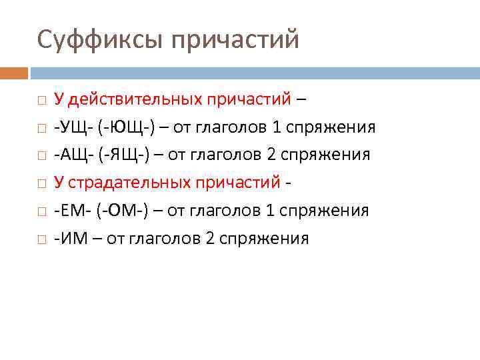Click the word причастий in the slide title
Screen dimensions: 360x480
pyautogui.click(x=235, y=40)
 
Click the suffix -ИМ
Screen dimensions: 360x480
pyautogui.click(x=69, y=239)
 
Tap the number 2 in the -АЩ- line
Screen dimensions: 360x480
pyautogui.click(x=271, y=155)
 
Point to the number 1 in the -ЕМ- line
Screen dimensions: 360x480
pyautogui.click(x=270, y=211)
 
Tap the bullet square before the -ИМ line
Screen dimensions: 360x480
pyautogui.click(x=41, y=239)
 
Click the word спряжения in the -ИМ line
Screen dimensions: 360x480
pyautogui.click(x=263, y=239)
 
